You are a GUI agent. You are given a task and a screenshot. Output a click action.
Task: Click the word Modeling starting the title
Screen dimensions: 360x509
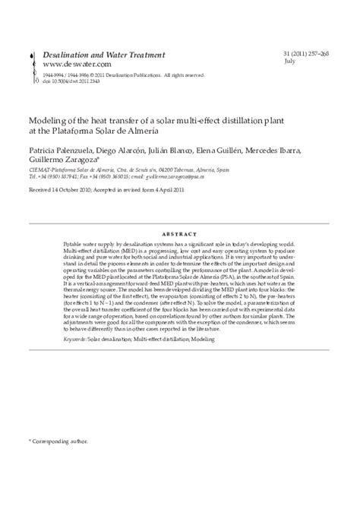point(48,120)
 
